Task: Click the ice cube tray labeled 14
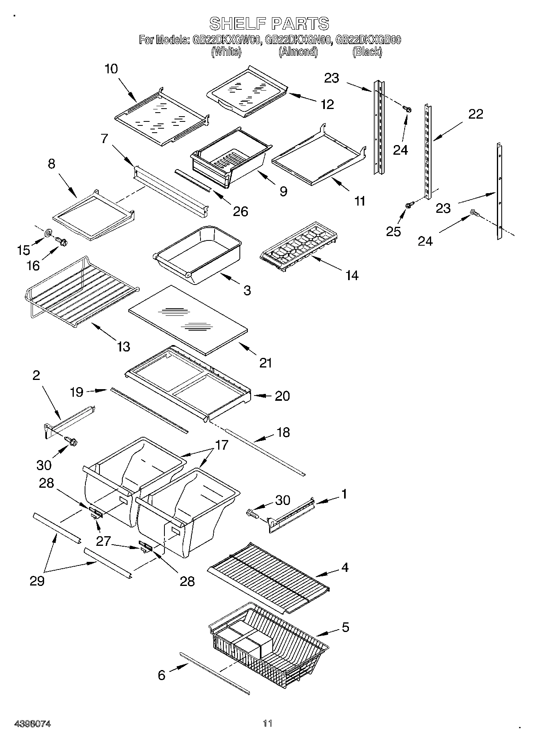click(299, 246)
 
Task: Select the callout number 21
click(266, 363)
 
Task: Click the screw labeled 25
click(409, 205)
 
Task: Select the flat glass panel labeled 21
click(188, 319)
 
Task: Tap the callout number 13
click(123, 346)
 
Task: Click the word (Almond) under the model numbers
click(298, 52)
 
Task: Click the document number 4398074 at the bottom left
click(32, 723)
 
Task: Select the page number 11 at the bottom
click(267, 723)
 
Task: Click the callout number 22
click(476, 114)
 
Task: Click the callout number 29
click(37, 581)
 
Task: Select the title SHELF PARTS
click(269, 24)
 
